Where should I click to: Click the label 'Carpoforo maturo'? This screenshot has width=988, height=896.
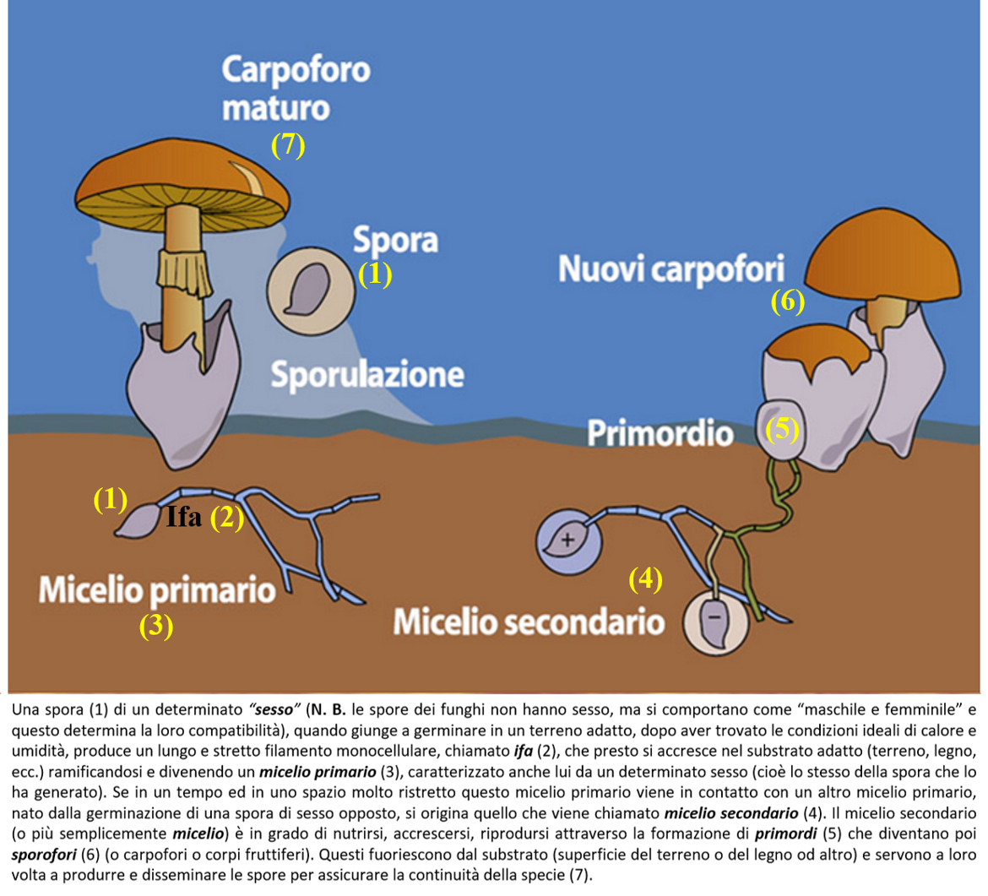(296, 89)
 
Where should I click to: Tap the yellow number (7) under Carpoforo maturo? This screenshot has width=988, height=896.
(288, 145)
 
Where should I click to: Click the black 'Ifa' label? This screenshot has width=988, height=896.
(183, 517)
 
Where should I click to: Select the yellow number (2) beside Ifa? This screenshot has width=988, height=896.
(226, 518)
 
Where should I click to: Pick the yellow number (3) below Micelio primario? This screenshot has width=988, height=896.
(156, 626)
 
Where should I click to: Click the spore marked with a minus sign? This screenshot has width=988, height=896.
(714, 622)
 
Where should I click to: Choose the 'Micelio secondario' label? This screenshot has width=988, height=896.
(527, 623)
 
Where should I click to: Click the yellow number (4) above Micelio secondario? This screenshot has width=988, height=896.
(646, 579)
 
